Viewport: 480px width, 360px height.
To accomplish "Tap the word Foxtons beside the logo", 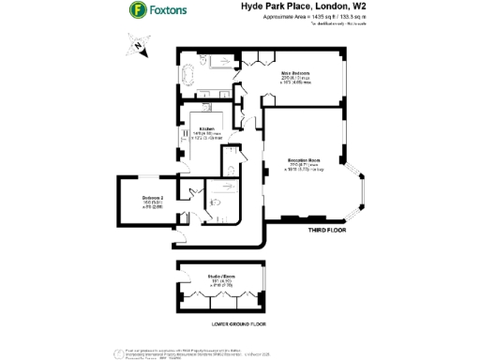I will pyautogui.click(x=172, y=11).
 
